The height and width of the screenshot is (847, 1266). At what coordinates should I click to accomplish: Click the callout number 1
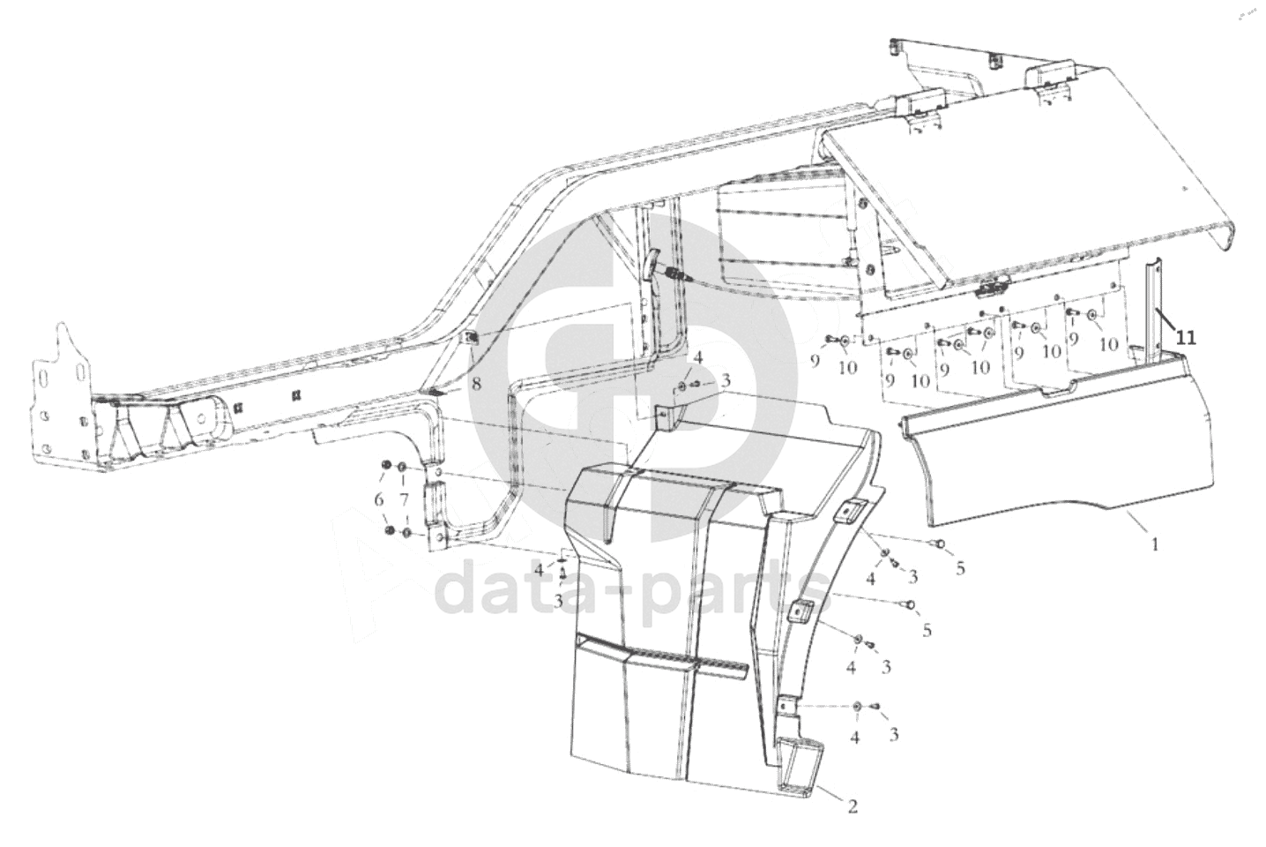tap(1154, 545)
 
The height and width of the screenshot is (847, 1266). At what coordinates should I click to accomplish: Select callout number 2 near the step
tap(852, 805)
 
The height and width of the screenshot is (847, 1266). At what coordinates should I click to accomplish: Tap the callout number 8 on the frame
tap(476, 384)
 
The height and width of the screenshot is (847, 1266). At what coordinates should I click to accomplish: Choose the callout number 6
tap(379, 500)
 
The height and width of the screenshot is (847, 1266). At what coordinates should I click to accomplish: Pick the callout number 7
tap(404, 500)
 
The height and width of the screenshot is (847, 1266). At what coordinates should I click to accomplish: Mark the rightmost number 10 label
tap(1108, 344)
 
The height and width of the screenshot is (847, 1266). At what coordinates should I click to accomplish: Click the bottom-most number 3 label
tap(893, 733)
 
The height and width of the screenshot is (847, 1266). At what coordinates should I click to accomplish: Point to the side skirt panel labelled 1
tap(1058, 459)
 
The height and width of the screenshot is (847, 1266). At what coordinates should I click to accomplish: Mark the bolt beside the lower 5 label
tap(910, 605)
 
